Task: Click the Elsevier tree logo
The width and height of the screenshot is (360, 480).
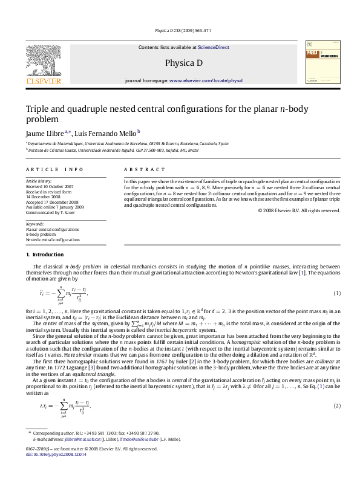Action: click(x=43, y=62)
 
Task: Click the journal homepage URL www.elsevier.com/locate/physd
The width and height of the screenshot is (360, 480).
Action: click(x=206, y=80)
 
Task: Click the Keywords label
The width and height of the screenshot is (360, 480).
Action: click(x=35, y=224)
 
